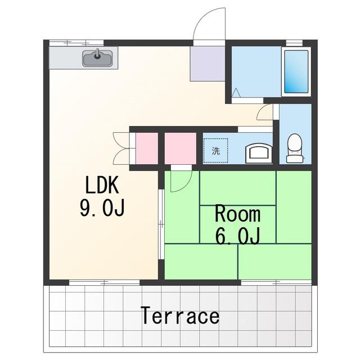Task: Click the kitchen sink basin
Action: click(x=98, y=58)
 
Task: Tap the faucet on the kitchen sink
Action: click(x=98, y=54)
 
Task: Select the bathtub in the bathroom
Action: click(x=296, y=71)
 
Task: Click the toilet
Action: click(x=295, y=148)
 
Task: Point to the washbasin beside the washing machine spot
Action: click(x=259, y=153)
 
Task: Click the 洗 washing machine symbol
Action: click(x=215, y=151)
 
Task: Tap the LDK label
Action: click(x=102, y=184)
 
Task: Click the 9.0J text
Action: click(x=102, y=208)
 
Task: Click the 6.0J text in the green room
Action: click(x=238, y=236)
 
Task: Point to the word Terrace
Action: click(x=180, y=315)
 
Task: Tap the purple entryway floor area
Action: click(x=208, y=64)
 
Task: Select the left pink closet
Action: click(x=147, y=148)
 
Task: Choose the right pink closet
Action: click(x=181, y=148)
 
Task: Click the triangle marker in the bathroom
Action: click(x=236, y=93)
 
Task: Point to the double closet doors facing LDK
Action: click(x=121, y=148)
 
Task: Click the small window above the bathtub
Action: click(x=294, y=43)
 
